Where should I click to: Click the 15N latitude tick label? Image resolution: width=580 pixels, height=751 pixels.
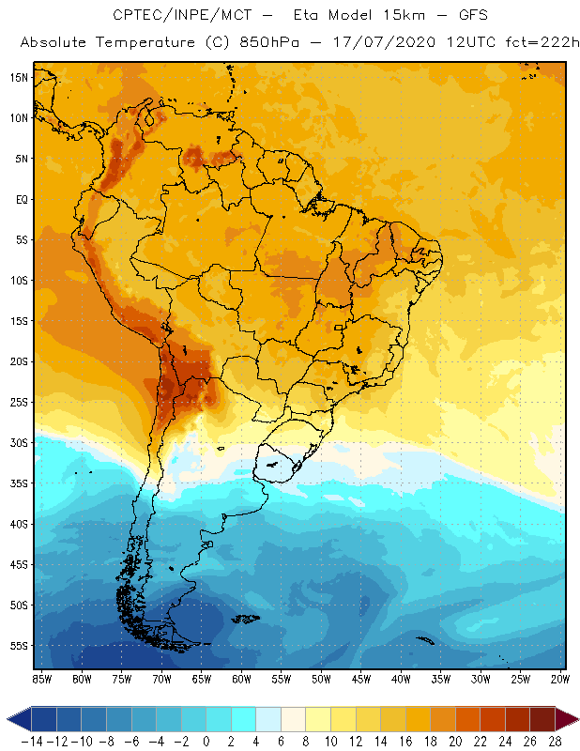point(18,77)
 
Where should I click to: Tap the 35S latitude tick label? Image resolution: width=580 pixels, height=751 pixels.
point(18,483)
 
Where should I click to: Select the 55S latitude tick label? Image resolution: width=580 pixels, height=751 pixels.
point(18,646)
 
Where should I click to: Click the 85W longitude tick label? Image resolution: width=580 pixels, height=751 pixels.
point(41,679)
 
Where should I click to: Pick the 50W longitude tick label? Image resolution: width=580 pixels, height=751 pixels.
point(322,679)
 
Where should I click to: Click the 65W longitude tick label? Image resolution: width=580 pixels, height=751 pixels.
point(202,679)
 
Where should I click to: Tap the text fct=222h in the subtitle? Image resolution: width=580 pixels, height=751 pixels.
point(539,43)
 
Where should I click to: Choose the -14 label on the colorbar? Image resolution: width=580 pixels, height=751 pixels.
point(32,741)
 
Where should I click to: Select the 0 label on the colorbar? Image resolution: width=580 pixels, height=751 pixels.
point(206,741)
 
